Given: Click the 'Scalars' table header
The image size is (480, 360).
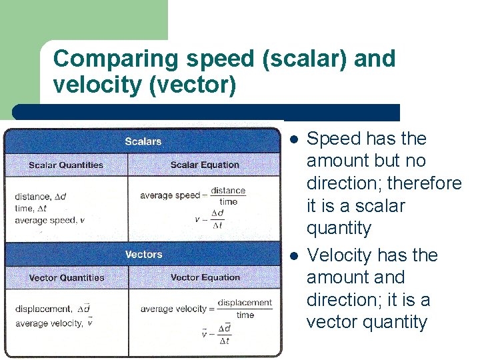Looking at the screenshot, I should (x=143, y=141).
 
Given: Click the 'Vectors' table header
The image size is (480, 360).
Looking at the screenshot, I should (x=143, y=254).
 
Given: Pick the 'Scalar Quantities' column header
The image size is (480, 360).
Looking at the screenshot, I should (x=66, y=165).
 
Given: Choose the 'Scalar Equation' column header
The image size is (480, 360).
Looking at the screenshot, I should (x=204, y=165).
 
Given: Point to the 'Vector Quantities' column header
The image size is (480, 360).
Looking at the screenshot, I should (x=67, y=277).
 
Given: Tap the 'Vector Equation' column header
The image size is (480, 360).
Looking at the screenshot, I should (x=205, y=277).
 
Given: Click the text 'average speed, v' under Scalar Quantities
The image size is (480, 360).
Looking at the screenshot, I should (x=49, y=220).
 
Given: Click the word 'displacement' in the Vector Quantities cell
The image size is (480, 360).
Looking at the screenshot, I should (x=43, y=309).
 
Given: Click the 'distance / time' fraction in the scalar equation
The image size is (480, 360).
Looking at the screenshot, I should (x=228, y=196).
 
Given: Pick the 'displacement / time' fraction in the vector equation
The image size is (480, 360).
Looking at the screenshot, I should (x=245, y=309).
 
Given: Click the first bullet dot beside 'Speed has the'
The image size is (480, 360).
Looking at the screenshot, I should (x=293, y=139).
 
